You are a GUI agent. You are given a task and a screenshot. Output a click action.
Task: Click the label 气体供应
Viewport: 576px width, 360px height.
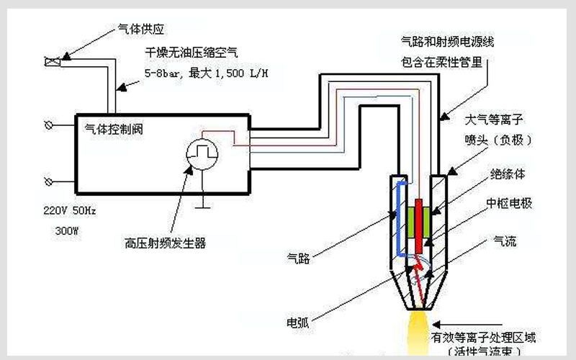pyautogui.click(x=142, y=30)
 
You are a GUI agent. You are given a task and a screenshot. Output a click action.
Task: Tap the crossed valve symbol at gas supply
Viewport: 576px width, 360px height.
pyautogui.click(x=53, y=62)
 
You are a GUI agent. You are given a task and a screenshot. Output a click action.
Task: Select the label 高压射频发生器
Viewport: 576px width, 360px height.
pyautogui.click(x=165, y=243)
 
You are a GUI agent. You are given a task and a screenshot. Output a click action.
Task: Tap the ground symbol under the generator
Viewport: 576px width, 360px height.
pyautogui.click(x=204, y=204)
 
